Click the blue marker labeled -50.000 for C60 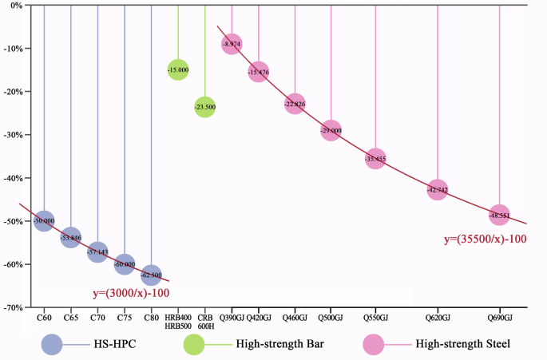point(45,221)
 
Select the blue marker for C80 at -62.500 point(152,275)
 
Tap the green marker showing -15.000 point(178,70)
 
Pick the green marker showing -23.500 point(205,107)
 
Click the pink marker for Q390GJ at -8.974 point(232,44)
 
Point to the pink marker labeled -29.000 point(331,130)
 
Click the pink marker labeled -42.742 point(437,190)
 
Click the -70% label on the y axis point(14,307)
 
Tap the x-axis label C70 point(97,318)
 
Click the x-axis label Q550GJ point(375,318)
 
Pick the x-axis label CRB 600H point(205,322)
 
